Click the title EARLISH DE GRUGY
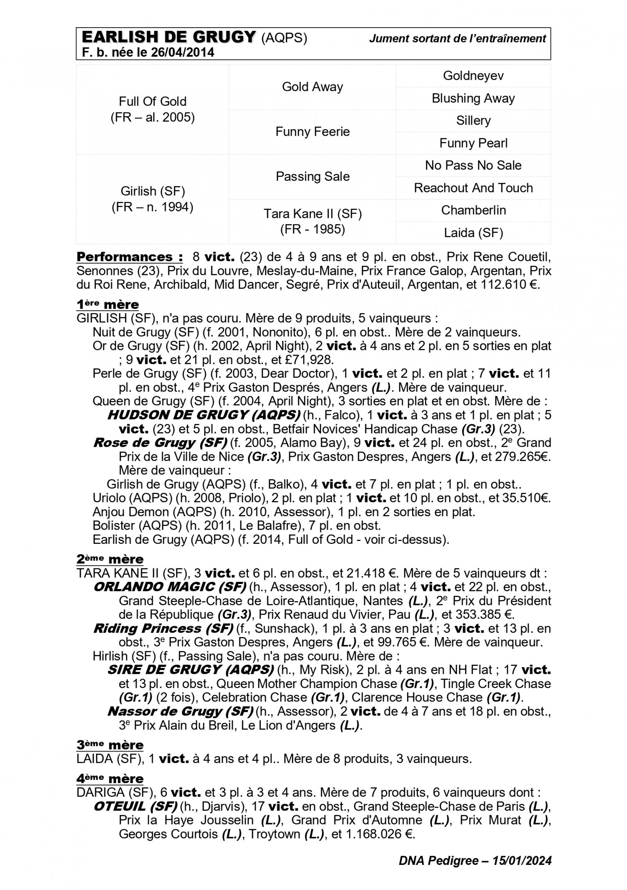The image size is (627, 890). click(168, 38)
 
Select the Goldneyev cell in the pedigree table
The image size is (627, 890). click(473, 76)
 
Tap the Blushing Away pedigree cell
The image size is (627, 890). click(473, 98)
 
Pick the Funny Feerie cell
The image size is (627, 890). click(312, 132)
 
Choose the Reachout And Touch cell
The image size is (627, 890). click(473, 188)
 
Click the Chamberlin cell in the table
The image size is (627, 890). click(473, 210)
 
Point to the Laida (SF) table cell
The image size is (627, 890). click(473, 232)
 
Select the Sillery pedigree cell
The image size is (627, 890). click(473, 120)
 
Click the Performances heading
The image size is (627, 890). click(130, 256)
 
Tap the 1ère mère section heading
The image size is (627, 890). click(107, 304)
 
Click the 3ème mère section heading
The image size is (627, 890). click(110, 745)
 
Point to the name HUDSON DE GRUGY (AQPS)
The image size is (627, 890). click(204, 415)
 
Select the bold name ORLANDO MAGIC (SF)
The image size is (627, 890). click(169, 587)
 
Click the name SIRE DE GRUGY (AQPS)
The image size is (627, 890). click(190, 670)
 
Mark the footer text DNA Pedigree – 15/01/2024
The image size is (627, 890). click(475, 860)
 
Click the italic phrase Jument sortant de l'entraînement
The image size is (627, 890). click(457, 38)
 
